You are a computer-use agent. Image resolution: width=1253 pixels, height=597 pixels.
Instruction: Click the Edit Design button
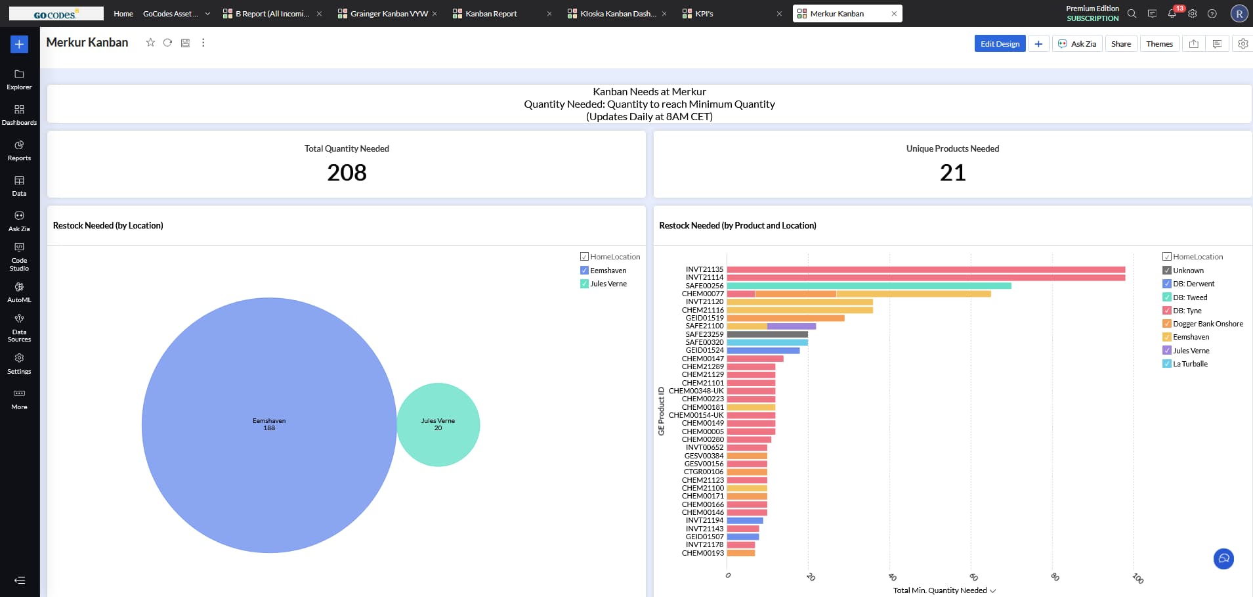(1000, 44)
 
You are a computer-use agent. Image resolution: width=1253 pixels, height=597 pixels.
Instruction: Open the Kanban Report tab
(491, 14)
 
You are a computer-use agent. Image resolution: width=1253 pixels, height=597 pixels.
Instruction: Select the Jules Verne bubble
(438, 424)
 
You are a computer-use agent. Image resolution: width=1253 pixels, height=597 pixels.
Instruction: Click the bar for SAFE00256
(868, 286)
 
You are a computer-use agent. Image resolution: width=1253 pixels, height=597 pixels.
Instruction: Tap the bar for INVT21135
(925, 269)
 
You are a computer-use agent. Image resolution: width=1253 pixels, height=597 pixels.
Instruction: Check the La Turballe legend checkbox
(1167, 364)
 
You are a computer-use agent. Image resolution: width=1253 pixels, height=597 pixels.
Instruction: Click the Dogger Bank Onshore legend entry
(1208, 324)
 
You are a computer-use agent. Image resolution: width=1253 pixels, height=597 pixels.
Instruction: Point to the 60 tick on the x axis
(973, 577)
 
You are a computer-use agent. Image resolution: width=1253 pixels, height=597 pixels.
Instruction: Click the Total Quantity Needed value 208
(347, 173)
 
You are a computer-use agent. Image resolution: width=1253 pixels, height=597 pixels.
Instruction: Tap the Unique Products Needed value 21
(952, 173)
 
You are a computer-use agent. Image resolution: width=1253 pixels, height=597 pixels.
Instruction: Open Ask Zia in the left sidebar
(19, 221)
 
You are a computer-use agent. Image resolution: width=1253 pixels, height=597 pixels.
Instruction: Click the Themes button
(1159, 44)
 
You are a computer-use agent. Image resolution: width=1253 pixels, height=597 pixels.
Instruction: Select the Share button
(1120, 44)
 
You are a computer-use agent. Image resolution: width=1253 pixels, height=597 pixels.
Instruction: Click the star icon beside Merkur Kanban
(150, 43)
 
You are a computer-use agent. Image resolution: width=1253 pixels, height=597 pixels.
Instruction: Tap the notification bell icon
(1172, 14)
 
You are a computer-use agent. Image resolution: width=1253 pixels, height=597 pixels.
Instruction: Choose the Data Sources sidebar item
(19, 326)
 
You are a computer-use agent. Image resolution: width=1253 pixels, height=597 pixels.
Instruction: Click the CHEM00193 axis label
(702, 553)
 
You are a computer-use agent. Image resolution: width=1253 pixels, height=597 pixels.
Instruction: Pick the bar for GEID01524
(763, 351)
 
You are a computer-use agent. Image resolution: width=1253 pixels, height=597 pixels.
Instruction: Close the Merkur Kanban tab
(894, 14)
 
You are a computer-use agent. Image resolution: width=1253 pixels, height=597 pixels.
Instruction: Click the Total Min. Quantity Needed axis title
(940, 590)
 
